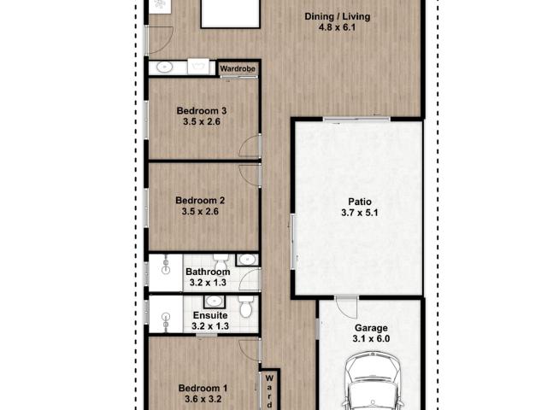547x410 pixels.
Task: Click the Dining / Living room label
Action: pyautogui.click(x=337, y=16)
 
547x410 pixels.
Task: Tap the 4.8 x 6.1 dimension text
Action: pyautogui.click(x=337, y=27)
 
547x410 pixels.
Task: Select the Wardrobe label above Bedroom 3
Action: pyautogui.click(x=238, y=68)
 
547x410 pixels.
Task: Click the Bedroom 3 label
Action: pyautogui.click(x=202, y=111)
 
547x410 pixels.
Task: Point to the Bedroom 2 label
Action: pyautogui.click(x=200, y=201)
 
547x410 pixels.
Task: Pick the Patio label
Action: pyautogui.click(x=360, y=202)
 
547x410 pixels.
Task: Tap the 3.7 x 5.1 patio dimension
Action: pyautogui.click(x=360, y=213)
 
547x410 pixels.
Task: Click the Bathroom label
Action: pyautogui.click(x=208, y=272)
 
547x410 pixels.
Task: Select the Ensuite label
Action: pyautogui.click(x=210, y=315)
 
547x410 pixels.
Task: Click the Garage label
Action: pyautogui.click(x=371, y=328)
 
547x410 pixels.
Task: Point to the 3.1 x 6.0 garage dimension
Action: pyautogui.click(x=371, y=338)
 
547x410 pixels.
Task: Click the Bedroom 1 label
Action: pyautogui.click(x=203, y=388)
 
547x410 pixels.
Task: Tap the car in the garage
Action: pyautogui.click(x=373, y=382)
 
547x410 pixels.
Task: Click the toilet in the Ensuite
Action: pyautogui.click(x=245, y=307)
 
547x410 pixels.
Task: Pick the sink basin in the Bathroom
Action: pyautogui.click(x=247, y=260)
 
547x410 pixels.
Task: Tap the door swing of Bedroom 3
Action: pyautogui.click(x=250, y=146)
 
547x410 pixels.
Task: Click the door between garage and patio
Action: pyautogui.click(x=346, y=307)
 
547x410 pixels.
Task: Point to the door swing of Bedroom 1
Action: pyautogui.click(x=250, y=349)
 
